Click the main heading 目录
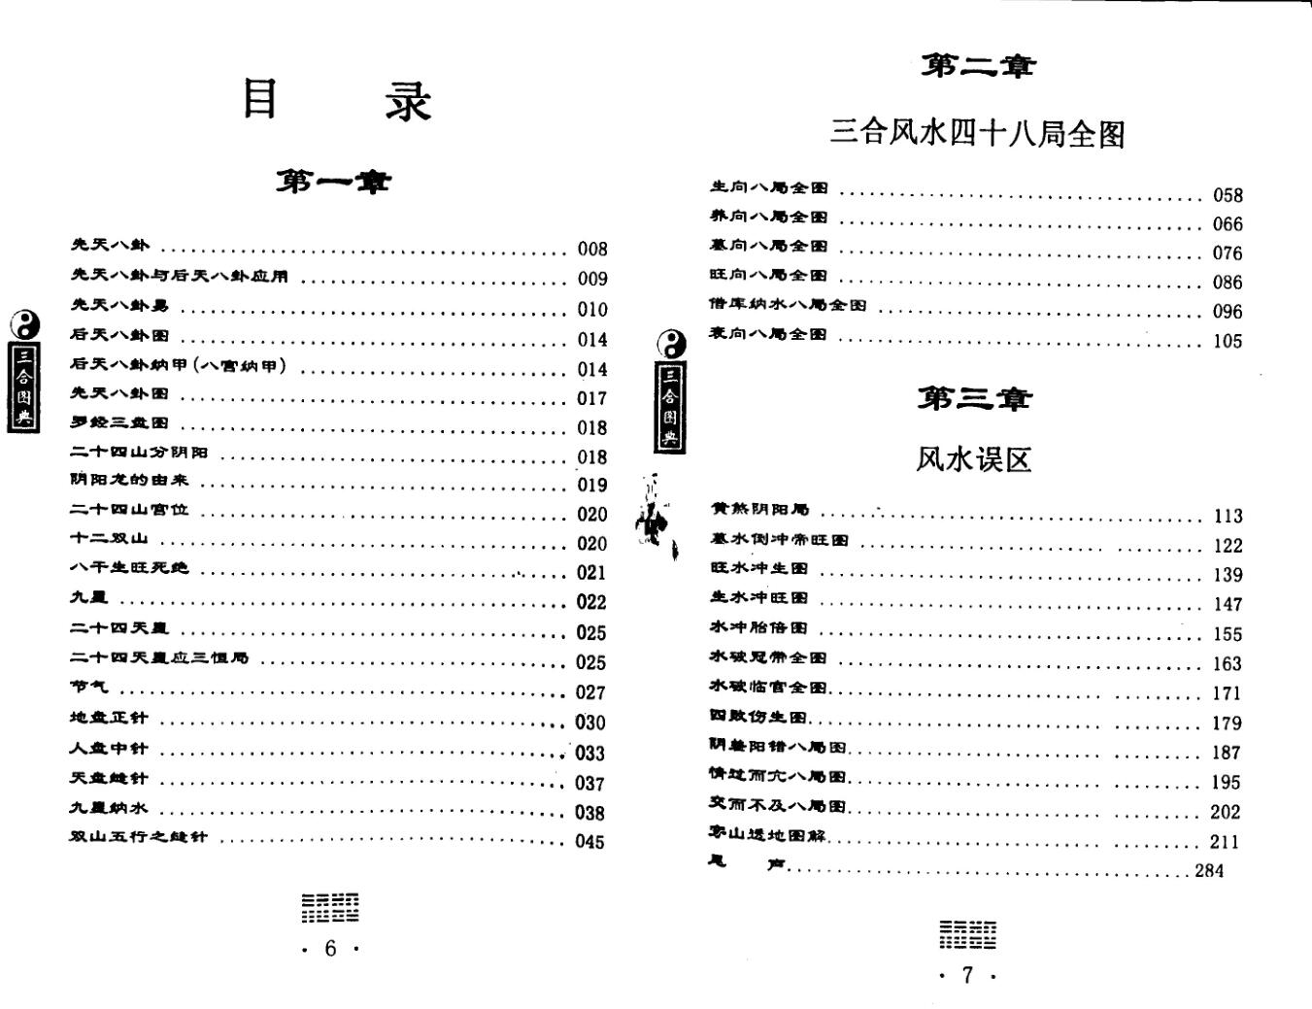tap(336, 100)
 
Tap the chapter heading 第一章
tap(333, 182)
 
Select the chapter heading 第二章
tap(978, 66)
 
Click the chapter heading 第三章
tap(975, 398)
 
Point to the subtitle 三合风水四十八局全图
tap(977, 132)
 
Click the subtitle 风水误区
tap(973, 458)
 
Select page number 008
tap(591, 250)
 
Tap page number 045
tap(589, 842)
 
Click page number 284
tap(1209, 871)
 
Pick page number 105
tap(1228, 341)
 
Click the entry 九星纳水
tap(109, 808)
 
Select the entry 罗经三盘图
tap(118, 423)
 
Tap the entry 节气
tap(89, 688)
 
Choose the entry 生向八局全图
tap(768, 188)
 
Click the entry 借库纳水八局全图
tap(788, 305)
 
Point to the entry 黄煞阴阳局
tap(759, 510)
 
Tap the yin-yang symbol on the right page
tap(670, 341)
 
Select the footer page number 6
tap(330, 949)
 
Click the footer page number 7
tap(966, 976)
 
